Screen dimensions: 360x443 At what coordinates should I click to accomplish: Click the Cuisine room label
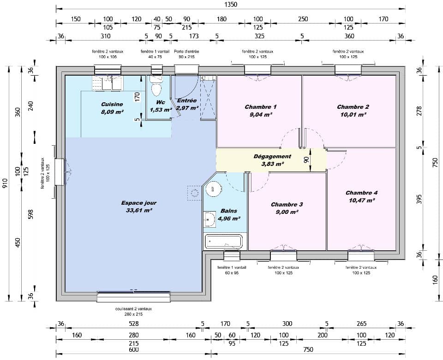[112, 104]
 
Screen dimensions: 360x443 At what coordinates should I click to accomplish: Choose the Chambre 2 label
[353, 107]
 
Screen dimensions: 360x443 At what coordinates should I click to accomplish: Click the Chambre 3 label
[287, 204]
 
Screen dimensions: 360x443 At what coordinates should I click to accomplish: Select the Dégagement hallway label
[272, 156]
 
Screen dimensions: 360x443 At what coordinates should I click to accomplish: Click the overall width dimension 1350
[230, 5]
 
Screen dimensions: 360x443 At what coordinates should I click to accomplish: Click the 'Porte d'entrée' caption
[186, 52]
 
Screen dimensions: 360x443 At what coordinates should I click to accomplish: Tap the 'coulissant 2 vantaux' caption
[133, 309]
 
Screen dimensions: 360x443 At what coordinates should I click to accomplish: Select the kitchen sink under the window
[107, 83]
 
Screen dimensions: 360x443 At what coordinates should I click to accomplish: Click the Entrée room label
[187, 100]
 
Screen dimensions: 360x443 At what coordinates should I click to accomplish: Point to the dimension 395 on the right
[419, 199]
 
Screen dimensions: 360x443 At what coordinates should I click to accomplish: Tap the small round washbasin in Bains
[210, 219]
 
